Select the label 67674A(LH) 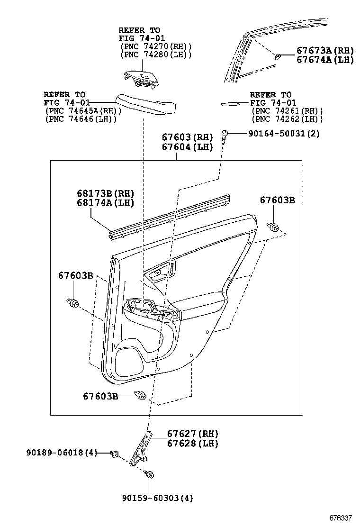tap(325, 60)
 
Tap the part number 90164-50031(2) tap(283, 134)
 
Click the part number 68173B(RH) tap(106, 193)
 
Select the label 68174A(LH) tap(106, 203)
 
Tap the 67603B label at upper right tap(277, 200)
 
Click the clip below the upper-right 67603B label tap(273, 227)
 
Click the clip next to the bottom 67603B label tap(140, 395)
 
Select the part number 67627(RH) tap(192, 434)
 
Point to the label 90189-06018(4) tap(61, 453)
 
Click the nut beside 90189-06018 tap(114, 454)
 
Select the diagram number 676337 tap(341, 517)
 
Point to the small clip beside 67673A tap(278, 56)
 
